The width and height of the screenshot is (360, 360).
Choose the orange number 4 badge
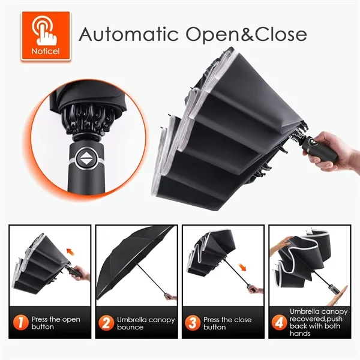coord(279,323)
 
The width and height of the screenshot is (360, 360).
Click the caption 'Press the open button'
coord(56,323)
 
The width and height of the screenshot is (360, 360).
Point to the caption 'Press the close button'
coord(229,323)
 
